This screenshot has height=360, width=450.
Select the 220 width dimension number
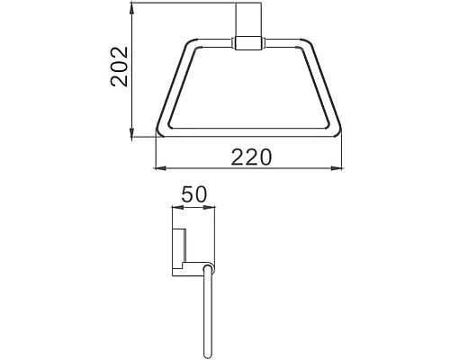point(251,157)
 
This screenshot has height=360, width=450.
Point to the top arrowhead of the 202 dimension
point(133,7)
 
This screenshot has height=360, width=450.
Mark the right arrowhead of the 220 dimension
point(342,168)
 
